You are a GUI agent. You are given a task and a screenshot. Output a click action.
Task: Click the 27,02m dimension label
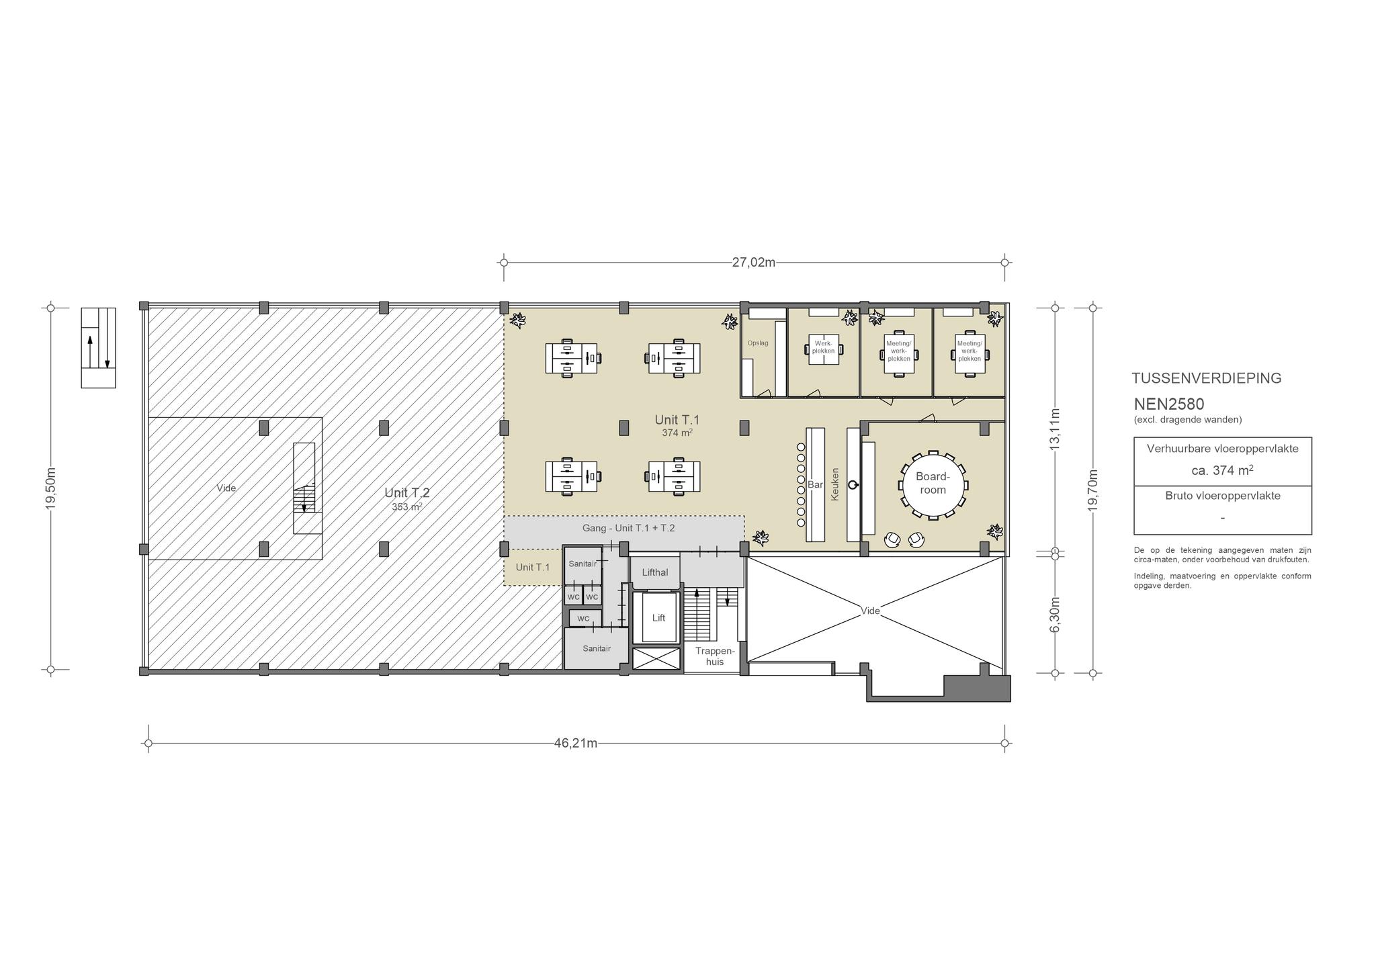(753, 262)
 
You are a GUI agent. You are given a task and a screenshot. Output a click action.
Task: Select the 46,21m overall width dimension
(576, 743)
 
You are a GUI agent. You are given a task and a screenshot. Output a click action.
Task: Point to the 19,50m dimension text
(51, 488)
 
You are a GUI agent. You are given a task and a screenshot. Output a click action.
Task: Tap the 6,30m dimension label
(1055, 614)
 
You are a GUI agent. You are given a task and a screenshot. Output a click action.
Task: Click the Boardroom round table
(933, 484)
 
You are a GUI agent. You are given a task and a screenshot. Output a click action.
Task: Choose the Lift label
(658, 617)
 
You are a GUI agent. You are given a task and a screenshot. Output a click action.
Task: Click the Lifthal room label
(655, 572)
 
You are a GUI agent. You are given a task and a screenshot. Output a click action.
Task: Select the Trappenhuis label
(716, 656)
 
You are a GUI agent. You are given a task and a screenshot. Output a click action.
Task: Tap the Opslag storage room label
(758, 343)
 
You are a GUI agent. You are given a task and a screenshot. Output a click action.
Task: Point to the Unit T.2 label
(407, 492)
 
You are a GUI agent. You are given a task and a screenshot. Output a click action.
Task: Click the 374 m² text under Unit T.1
(677, 433)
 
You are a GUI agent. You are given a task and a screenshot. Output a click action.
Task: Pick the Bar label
(816, 484)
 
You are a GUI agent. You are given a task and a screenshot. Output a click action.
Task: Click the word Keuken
(836, 484)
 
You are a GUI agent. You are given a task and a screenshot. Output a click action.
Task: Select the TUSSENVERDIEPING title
(1207, 378)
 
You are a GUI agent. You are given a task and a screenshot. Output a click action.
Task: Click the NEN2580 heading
(1169, 404)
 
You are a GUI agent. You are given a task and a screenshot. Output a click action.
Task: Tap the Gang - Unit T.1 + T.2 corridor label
(628, 528)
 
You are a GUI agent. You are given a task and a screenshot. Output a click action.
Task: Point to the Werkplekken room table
(823, 348)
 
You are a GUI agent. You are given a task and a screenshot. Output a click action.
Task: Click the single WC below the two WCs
(583, 618)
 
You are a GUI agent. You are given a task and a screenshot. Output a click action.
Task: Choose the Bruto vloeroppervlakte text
(1223, 496)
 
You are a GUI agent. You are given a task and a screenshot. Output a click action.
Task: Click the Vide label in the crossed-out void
(871, 611)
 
